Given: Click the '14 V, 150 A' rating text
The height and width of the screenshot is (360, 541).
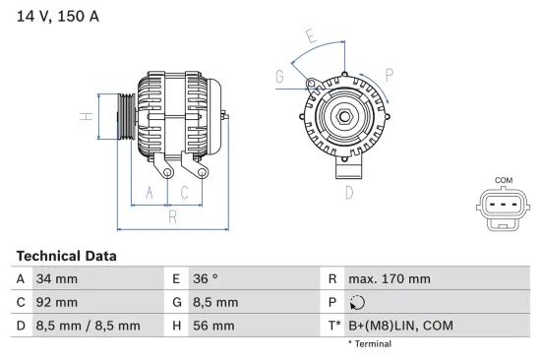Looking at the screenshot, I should (x=58, y=16).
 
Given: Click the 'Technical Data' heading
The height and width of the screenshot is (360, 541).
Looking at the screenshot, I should (x=66, y=256).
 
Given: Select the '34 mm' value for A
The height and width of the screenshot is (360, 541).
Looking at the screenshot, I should (x=57, y=279).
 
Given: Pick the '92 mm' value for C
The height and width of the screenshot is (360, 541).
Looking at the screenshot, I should (x=57, y=303).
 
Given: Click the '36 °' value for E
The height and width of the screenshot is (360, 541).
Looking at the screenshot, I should (x=205, y=279).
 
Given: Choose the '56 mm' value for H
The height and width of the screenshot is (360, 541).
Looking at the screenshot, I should (x=212, y=326).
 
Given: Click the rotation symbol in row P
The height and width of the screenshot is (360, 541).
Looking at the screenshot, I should (x=357, y=303).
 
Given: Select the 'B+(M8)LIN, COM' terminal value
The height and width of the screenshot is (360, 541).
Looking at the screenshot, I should (x=400, y=326).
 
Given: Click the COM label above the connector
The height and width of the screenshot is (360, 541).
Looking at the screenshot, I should (x=503, y=180).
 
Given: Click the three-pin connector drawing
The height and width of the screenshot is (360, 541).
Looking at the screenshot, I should (x=503, y=206).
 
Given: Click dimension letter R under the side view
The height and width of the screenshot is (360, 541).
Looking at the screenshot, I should (x=172, y=216).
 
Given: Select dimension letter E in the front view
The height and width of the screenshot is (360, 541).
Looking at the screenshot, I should (x=310, y=38).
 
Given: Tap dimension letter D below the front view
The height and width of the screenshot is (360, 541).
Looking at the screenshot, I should (x=348, y=193).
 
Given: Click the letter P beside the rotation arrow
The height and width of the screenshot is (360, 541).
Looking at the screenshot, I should (x=390, y=74).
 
